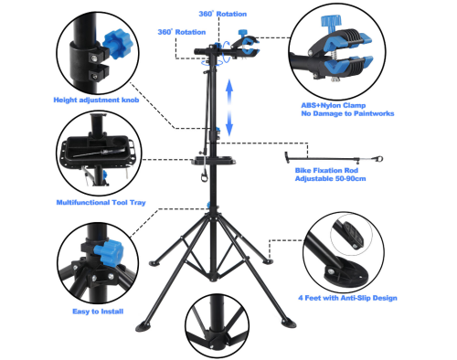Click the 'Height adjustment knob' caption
point(96,100)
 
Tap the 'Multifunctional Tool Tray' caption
point(101,203)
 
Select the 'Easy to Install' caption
point(98,312)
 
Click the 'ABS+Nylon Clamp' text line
point(334,105)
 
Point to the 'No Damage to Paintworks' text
point(347,113)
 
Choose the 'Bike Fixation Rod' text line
point(326,170)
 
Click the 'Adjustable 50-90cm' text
point(330,178)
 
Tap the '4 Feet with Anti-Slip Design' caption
point(347,298)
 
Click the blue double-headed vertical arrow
point(229,108)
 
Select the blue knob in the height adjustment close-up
point(117,44)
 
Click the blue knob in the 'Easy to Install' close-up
point(108,252)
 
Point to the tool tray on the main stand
point(213,161)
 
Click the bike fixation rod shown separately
point(334,158)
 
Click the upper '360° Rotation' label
point(223,14)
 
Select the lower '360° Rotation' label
point(182,32)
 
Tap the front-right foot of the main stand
point(289,323)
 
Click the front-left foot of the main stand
point(143,327)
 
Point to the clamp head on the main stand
point(245,45)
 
